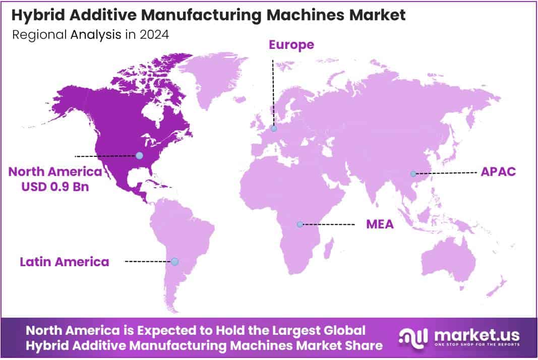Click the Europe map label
point(291,45)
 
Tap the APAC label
point(498,171)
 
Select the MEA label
point(380,224)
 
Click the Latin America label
point(65,262)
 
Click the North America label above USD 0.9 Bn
point(55,172)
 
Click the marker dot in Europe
point(273,129)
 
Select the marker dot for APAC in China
point(413,173)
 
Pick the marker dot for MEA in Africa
point(300,224)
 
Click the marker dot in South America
point(174,261)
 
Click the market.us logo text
point(476,334)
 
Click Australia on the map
point(449,262)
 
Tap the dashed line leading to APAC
point(446,173)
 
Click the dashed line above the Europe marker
point(273,91)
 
